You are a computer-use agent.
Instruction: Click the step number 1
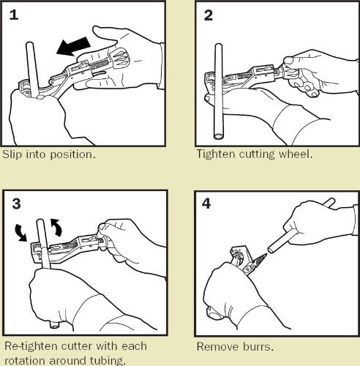[x=14, y=15]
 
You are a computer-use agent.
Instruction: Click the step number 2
[x=208, y=15]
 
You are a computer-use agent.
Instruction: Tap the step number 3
[x=16, y=203]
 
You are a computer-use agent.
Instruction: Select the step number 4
[x=206, y=203]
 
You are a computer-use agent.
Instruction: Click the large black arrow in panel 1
[x=73, y=47]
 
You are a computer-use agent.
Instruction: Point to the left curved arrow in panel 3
[x=21, y=233]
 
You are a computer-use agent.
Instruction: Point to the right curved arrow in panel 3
[x=56, y=228]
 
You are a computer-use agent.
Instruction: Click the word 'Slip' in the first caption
[x=12, y=154]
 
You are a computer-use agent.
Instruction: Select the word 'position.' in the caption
[x=72, y=155]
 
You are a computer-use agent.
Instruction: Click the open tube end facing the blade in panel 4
[x=271, y=250]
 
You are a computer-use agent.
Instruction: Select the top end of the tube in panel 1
[x=30, y=44]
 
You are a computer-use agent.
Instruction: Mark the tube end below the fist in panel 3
[x=54, y=326]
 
